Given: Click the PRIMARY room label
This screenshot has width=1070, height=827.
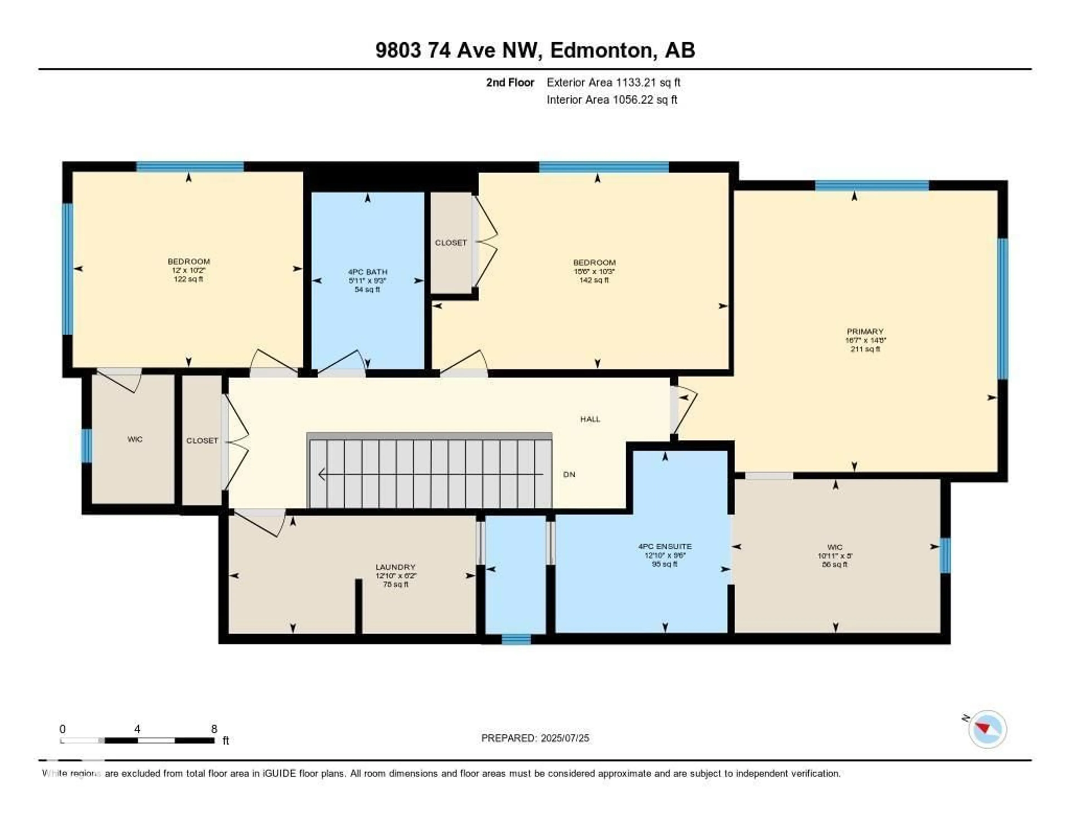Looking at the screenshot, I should click(x=865, y=332).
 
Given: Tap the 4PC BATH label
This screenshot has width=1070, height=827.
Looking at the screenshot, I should click(x=368, y=272).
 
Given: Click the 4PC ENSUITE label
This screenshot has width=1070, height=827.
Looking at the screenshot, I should click(x=665, y=547).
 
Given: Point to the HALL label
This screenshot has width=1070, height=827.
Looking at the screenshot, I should click(x=590, y=419).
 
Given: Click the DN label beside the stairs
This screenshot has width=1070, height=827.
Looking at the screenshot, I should click(x=569, y=475).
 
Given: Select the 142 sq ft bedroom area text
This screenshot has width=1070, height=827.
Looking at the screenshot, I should click(x=594, y=280).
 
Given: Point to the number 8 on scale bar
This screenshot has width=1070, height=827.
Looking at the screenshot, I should click(x=214, y=729).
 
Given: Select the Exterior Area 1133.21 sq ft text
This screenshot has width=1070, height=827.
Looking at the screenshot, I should click(x=613, y=82).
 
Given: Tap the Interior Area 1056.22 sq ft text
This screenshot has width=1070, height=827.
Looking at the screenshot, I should click(x=612, y=100).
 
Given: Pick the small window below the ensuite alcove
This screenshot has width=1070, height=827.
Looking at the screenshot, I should click(x=516, y=639).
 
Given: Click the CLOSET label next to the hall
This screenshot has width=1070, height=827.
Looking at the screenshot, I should click(x=202, y=441).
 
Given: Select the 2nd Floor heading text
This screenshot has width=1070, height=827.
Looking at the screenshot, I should click(x=510, y=82).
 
